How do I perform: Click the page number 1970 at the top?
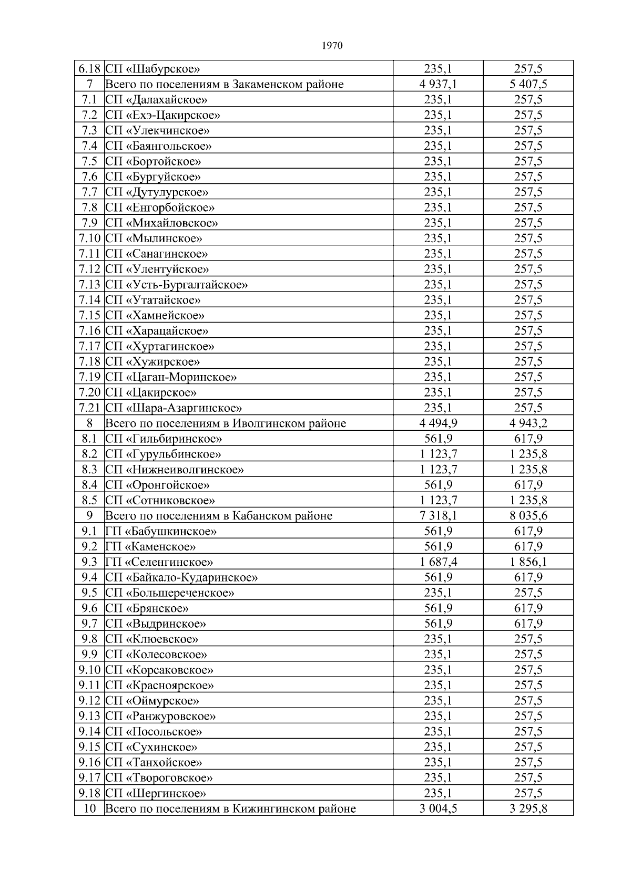click(332, 46)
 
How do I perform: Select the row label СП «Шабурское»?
click(153, 69)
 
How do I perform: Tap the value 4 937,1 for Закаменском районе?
click(438, 84)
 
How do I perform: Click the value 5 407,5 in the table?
click(528, 84)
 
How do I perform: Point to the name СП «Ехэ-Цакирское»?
click(163, 115)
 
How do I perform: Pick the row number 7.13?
click(89, 285)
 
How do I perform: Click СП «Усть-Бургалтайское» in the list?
click(177, 285)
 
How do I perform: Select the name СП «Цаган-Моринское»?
click(171, 377)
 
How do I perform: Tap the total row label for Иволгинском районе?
click(226, 423)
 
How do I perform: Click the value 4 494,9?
click(438, 423)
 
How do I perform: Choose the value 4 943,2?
click(528, 423)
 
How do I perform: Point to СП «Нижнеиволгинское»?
click(175, 470)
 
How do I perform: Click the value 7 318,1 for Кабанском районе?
click(438, 516)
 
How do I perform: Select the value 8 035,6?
click(528, 516)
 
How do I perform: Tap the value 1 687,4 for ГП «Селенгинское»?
click(438, 562)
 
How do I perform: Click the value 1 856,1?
click(528, 562)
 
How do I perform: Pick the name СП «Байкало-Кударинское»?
click(182, 578)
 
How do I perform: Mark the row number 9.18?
click(89, 793)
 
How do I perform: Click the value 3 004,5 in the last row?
click(438, 809)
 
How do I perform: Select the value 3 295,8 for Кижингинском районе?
click(528, 809)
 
